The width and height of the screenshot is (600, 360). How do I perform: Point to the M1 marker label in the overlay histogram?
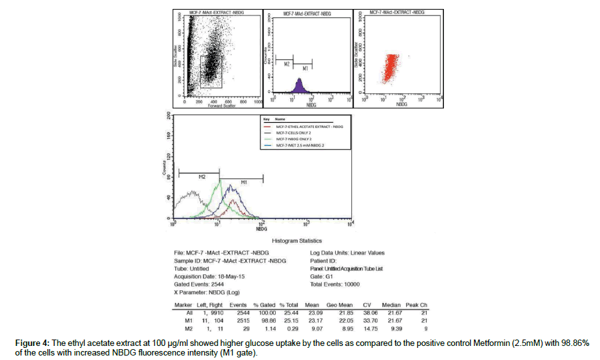click(x=244, y=184)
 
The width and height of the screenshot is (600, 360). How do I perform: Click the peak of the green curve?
click(x=219, y=182)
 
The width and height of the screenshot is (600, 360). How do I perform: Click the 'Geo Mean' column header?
click(x=341, y=305)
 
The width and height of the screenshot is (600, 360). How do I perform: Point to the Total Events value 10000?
click(x=350, y=284)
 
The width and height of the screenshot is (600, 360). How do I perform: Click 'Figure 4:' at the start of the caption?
click(x=31, y=343)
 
